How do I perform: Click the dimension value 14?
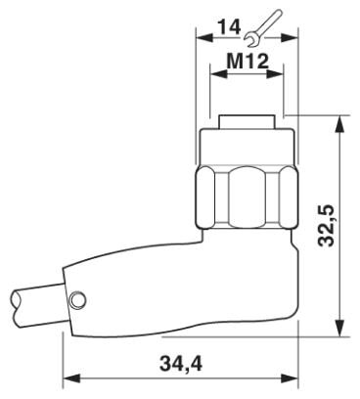[x=229, y=26]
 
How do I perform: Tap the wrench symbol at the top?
[x=262, y=28]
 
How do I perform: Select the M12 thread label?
[x=247, y=61]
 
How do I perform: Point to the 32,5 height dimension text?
[x=327, y=225]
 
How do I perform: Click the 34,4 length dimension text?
[x=180, y=363]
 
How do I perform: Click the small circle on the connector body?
[x=77, y=299]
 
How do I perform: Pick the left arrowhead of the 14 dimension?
[x=203, y=37]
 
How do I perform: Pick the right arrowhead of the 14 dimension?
[x=290, y=37]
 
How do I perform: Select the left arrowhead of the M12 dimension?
[x=219, y=73]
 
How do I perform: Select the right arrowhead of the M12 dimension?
[x=275, y=73]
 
